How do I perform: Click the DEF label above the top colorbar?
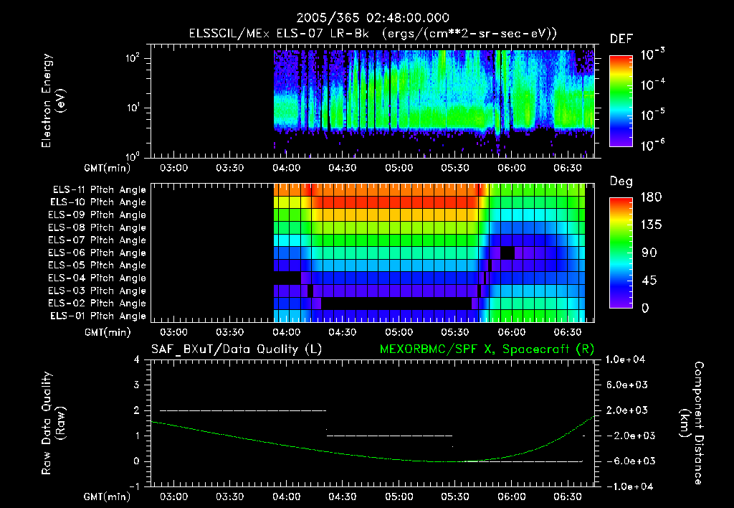(x=621, y=39)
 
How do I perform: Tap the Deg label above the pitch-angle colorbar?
(x=621, y=182)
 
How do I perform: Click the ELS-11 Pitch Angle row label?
(x=99, y=190)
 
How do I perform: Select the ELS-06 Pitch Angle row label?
(x=99, y=253)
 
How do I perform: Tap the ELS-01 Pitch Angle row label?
(x=99, y=316)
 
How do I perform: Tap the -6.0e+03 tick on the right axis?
(x=626, y=461)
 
